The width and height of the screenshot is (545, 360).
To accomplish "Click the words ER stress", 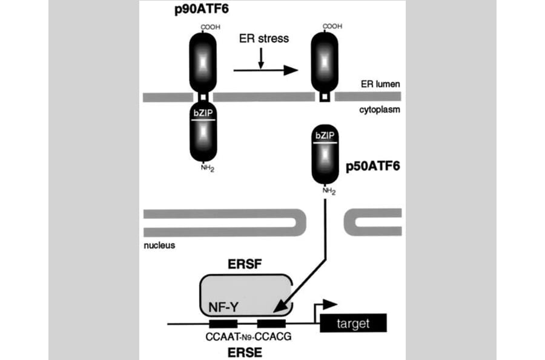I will [x=265, y=39].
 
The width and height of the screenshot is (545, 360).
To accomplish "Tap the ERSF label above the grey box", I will [x=245, y=265].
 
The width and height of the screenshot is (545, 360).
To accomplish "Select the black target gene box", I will [x=352, y=324].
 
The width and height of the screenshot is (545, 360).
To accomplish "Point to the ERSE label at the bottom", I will [x=246, y=352].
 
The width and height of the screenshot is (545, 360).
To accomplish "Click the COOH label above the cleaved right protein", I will [x=332, y=27].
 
